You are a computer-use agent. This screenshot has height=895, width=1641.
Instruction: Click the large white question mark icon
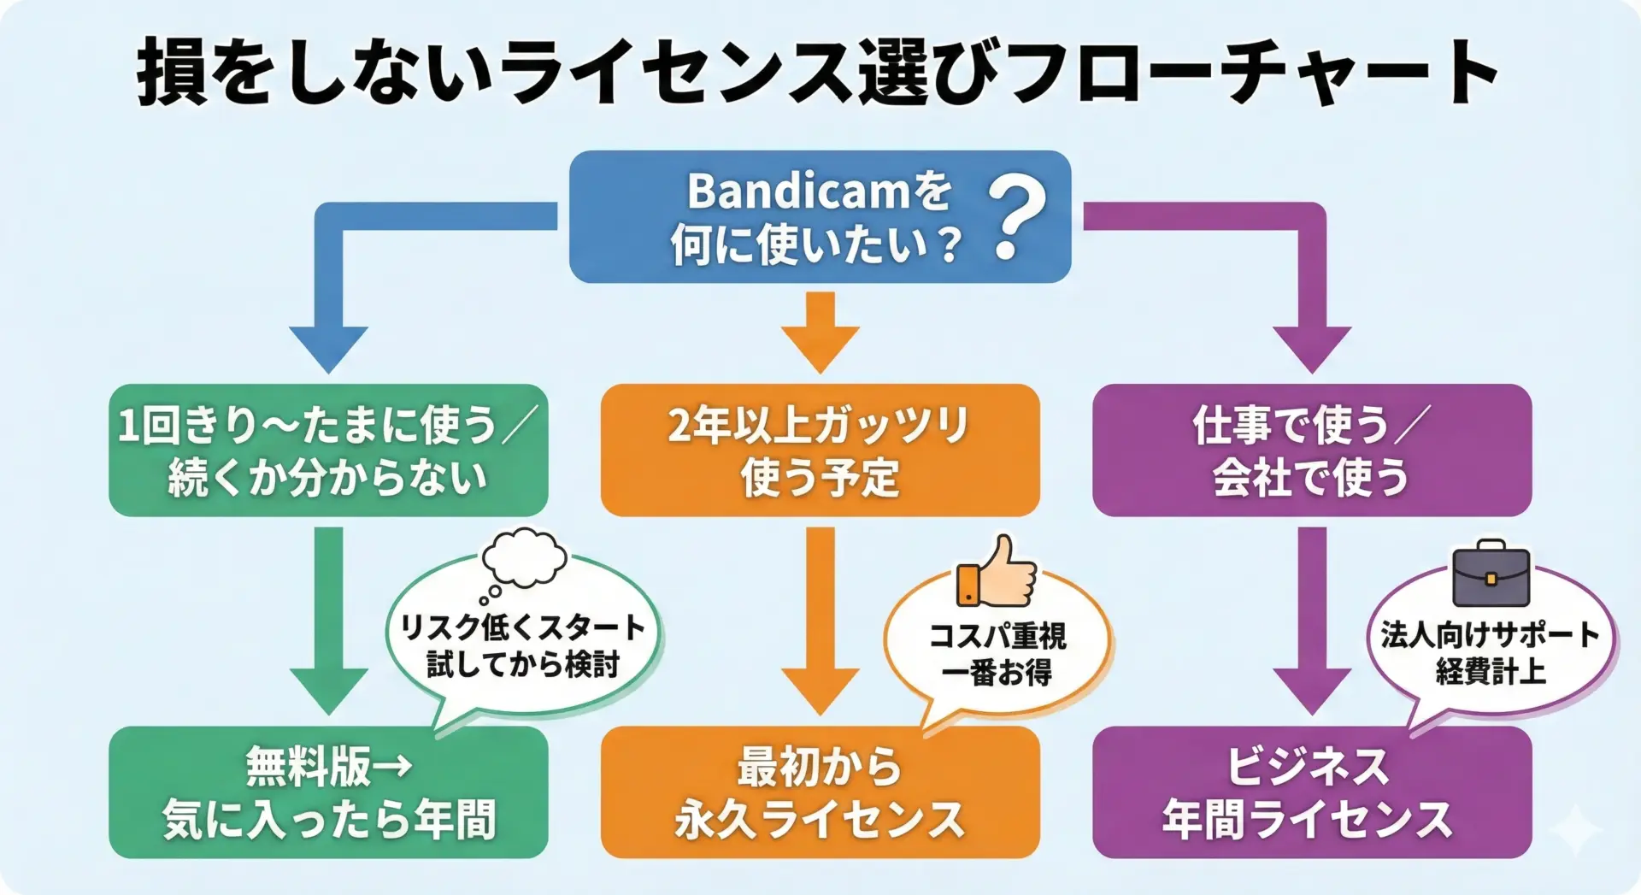(x=1017, y=218)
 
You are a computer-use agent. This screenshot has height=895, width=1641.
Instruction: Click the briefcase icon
(x=1491, y=574)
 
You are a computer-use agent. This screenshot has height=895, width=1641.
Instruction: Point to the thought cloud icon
(x=523, y=560)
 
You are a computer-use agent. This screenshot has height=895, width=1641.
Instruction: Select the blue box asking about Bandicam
(x=819, y=217)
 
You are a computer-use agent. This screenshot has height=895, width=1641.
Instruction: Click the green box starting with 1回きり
(x=328, y=450)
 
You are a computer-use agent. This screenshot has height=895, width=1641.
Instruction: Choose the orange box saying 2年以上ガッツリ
(x=820, y=450)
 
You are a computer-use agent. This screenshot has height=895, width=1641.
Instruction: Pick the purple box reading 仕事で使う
(x=1311, y=450)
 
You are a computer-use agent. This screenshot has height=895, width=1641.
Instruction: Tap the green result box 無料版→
(x=328, y=792)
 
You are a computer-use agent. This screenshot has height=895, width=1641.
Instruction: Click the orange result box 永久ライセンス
(x=820, y=792)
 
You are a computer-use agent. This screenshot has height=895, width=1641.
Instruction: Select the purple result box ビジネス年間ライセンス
(x=1311, y=792)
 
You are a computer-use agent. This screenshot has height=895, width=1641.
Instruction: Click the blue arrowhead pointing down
(x=328, y=347)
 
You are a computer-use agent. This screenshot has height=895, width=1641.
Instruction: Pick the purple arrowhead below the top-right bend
(x=1311, y=347)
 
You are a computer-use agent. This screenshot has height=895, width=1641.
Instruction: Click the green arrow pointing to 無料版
(x=328, y=624)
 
